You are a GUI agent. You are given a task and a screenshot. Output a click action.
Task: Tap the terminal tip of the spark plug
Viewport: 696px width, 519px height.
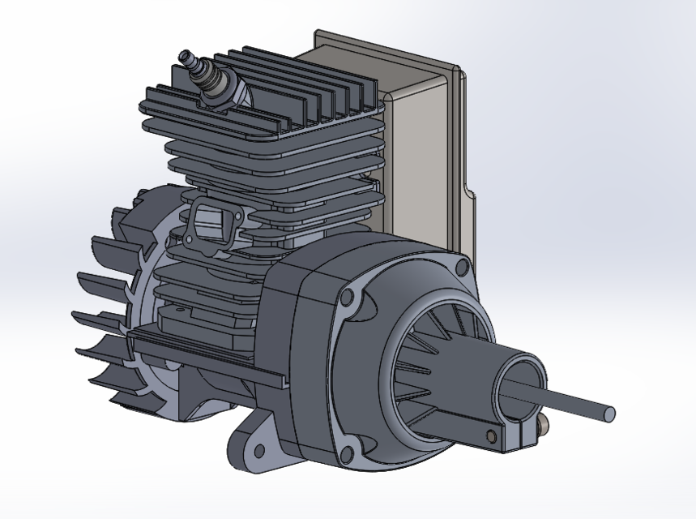186,56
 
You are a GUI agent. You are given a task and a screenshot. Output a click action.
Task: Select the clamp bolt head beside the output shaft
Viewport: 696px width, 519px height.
540,425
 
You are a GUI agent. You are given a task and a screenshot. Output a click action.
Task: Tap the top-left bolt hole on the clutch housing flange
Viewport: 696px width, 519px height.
348,298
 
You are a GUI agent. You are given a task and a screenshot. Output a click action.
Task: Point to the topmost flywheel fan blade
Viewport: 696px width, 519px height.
122,219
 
